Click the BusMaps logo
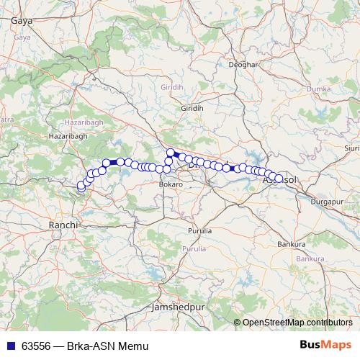tap(325, 345)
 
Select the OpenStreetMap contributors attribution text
tap(296, 322)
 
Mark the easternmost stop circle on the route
tap(279, 179)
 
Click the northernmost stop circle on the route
tap(171, 152)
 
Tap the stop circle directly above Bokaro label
tap(167, 169)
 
